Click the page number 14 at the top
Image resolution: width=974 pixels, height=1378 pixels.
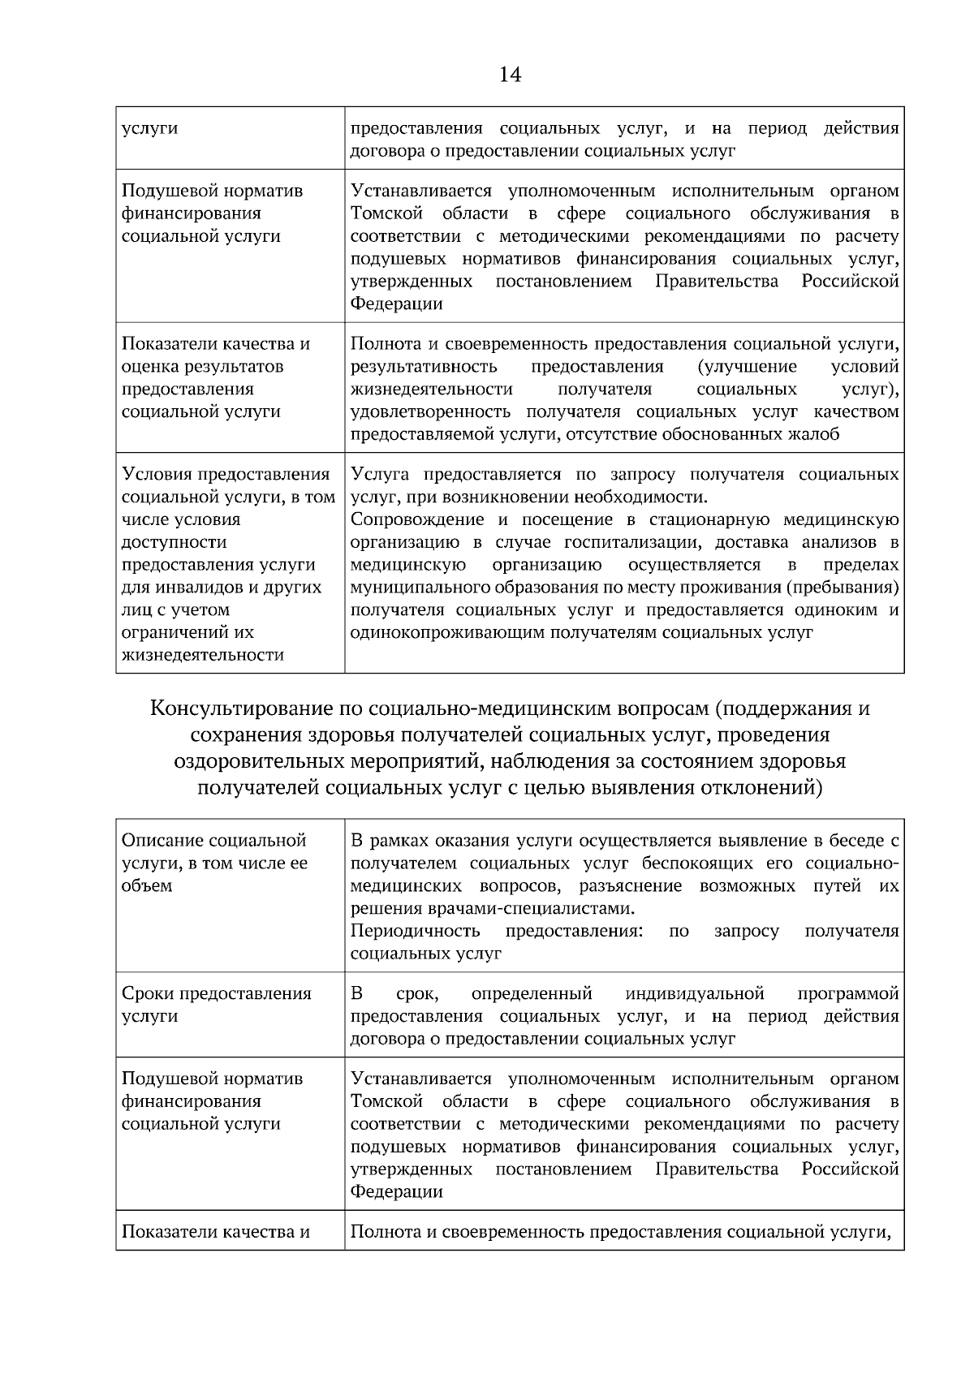coord(510,75)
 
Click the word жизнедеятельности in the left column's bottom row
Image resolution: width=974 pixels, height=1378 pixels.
coord(202,655)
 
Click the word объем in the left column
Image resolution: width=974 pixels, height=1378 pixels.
coord(147,885)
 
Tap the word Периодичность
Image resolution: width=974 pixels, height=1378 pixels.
coord(415,931)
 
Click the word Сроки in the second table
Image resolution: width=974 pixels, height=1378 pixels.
coord(147,994)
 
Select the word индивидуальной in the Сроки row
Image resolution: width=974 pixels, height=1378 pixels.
coord(695,994)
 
